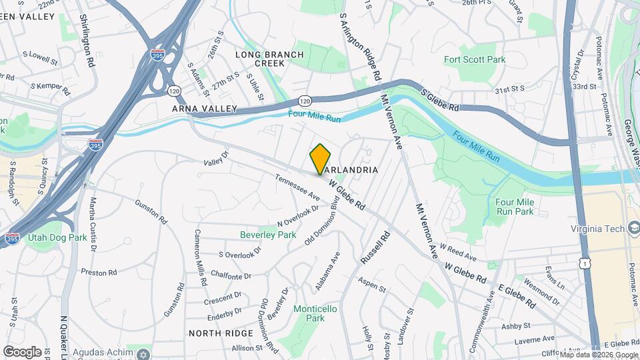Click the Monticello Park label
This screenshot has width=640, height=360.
click(315, 313)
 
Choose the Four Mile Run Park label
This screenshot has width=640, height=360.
click(515, 207)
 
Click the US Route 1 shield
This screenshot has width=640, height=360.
click(586, 265)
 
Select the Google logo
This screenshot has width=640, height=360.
click(22, 351)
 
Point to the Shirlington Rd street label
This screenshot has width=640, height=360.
click(86, 40)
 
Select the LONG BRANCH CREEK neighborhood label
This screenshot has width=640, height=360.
click(260, 58)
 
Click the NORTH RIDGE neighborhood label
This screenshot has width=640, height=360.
click(221, 333)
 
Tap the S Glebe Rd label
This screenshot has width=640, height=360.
click(441, 98)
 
